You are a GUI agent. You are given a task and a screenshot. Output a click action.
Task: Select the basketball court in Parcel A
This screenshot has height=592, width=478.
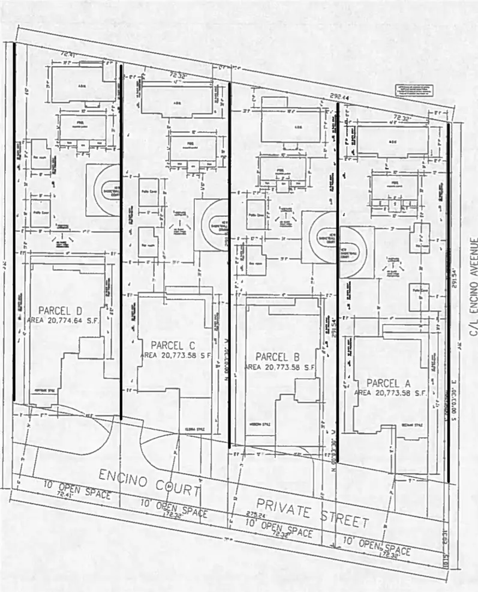pos(357,252)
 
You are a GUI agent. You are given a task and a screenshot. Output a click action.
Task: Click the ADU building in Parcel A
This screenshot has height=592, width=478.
pos(393,142)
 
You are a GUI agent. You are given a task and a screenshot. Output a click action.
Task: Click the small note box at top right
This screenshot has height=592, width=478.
pos(413,91)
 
